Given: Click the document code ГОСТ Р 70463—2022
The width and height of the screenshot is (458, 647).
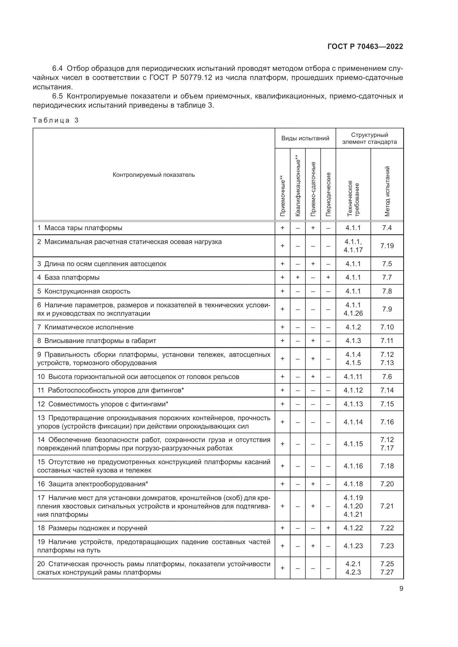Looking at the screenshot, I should (x=365, y=46).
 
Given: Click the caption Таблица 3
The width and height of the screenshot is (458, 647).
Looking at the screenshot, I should (x=56, y=120).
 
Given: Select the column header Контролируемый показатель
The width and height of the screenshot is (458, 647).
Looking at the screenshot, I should (x=154, y=175).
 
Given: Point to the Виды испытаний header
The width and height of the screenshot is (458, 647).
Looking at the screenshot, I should (x=305, y=138).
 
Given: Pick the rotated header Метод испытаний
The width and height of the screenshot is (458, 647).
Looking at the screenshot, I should (x=387, y=191).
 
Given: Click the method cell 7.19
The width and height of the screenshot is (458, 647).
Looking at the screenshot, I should (x=387, y=246).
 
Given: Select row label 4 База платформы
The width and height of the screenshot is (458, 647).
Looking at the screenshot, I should (x=68, y=277).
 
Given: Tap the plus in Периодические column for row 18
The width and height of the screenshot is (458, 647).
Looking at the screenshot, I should (x=328, y=528).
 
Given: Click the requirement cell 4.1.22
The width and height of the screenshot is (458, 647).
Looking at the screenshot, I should (x=353, y=528).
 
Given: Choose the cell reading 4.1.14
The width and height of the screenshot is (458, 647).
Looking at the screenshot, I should (x=353, y=422).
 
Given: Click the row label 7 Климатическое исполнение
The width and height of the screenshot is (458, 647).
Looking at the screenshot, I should (x=86, y=327).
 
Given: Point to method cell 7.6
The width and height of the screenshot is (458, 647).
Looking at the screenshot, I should (x=387, y=376).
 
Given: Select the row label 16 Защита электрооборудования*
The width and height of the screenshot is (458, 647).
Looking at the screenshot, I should (x=93, y=484).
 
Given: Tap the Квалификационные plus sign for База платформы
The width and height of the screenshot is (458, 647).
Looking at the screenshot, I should (x=298, y=277).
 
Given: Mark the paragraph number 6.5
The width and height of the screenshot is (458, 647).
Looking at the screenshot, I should (x=58, y=96).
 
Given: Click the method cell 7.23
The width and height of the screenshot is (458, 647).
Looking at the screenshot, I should (x=387, y=546).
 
